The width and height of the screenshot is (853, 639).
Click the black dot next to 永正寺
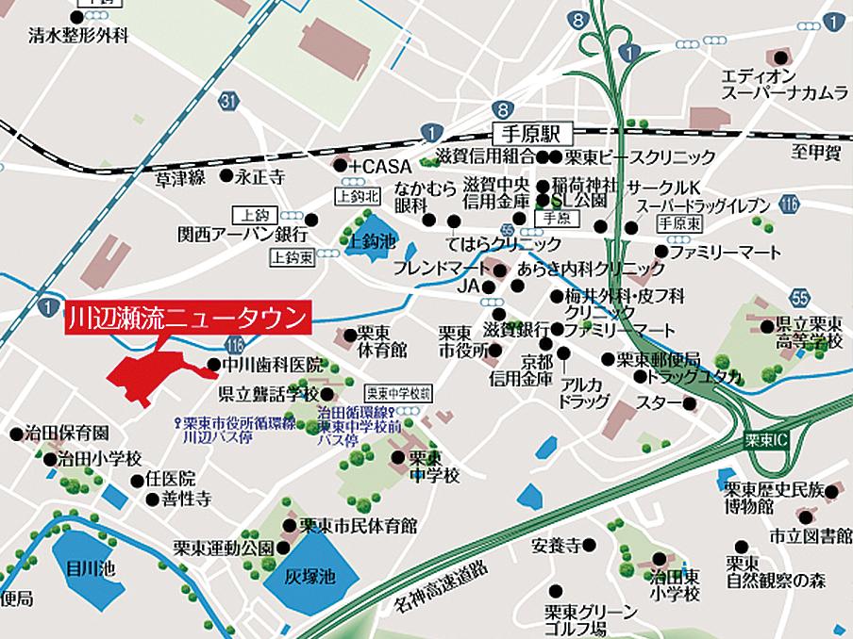[226, 175]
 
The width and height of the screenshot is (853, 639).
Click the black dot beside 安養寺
[588, 545]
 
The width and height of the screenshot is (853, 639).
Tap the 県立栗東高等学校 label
[807, 332]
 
